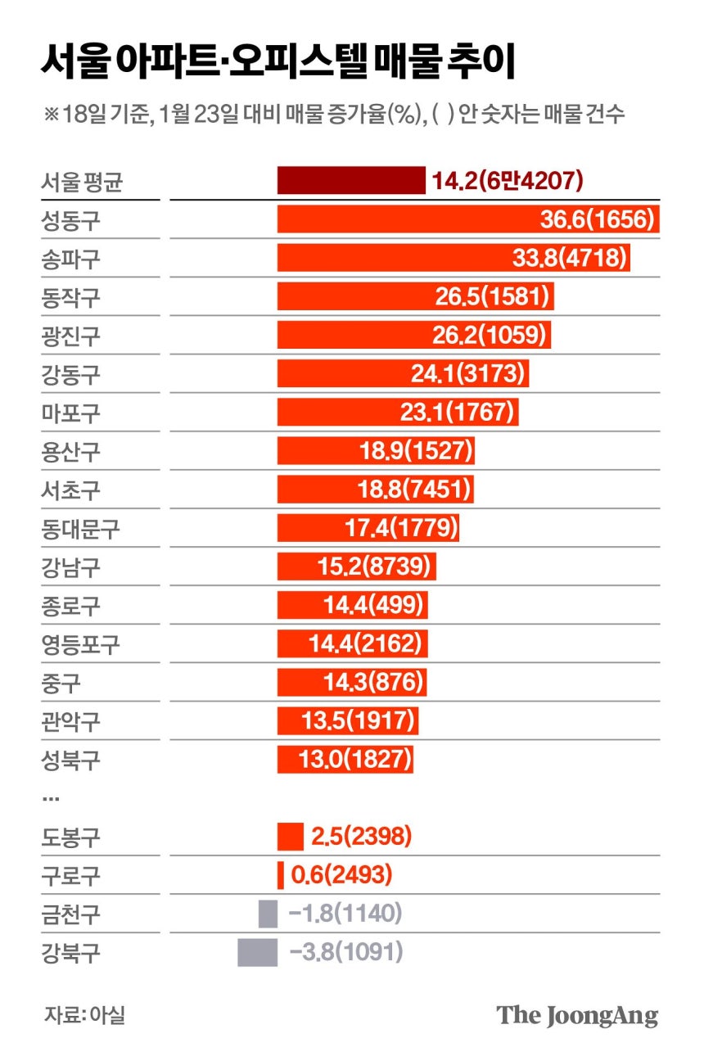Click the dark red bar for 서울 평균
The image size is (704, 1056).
(351, 180)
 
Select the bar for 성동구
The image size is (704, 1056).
(468, 219)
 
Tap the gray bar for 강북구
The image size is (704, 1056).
(257, 953)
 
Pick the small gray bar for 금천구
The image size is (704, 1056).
(268, 914)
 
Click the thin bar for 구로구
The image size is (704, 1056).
(281, 875)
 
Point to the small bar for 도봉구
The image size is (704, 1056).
(290, 837)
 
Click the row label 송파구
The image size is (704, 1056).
(70, 259)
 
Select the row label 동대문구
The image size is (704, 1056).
(80, 529)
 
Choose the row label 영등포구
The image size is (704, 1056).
(80, 644)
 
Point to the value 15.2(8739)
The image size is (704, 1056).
(379, 566)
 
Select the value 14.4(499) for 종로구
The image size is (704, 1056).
(374, 606)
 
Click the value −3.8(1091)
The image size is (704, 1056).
(346, 953)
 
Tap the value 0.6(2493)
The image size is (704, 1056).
(341, 876)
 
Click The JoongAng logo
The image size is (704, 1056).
(577, 1016)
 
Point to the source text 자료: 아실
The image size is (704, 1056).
(84, 1016)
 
